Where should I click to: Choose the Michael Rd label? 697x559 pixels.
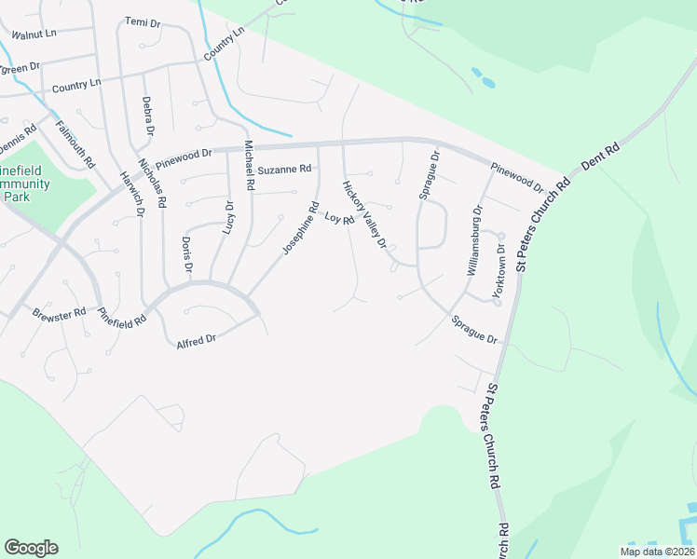248,166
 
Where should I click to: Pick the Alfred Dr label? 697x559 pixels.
196,341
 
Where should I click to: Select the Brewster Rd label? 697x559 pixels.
59,314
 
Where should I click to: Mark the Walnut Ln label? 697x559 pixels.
34,34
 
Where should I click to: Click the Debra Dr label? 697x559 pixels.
146,114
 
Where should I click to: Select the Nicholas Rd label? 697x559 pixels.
153,183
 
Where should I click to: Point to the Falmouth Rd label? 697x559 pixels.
75,145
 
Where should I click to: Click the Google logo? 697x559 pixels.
31,548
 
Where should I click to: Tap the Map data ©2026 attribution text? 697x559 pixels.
657,552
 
